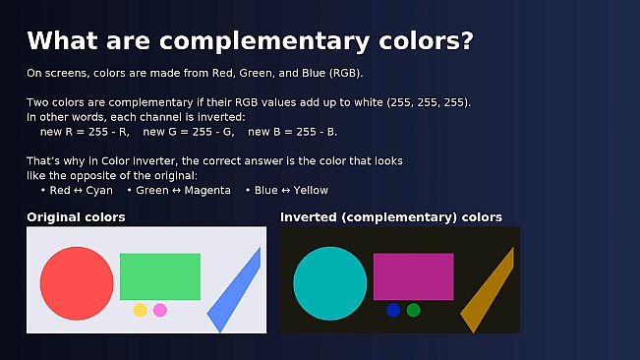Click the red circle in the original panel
pos(77,283)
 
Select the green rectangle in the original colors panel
pos(160,276)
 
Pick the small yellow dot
pos(140,310)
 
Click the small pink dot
pos(160,310)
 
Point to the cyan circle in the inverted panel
pos(330,283)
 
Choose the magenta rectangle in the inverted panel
pos(414,276)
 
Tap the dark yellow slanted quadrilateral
pos(488,293)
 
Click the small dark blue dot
pos(393,310)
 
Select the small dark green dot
pos(414,310)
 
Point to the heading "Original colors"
pos(76,216)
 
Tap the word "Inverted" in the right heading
pos(311,216)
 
